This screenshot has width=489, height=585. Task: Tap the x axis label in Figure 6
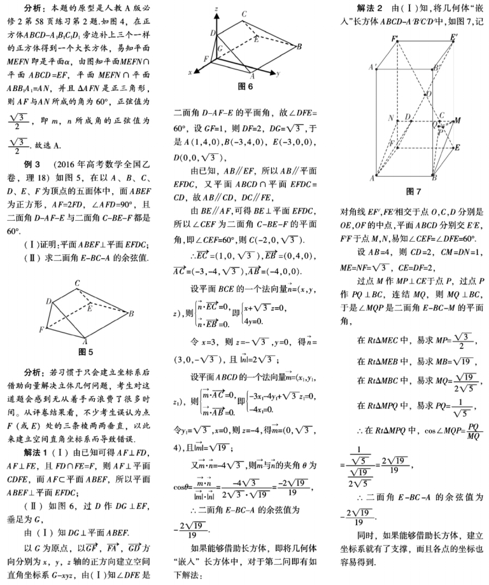(x=190, y=74)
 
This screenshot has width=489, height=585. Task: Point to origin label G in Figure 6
(x=220, y=49)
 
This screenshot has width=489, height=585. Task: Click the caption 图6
(x=245, y=85)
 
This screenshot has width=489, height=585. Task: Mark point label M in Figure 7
(x=457, y=120)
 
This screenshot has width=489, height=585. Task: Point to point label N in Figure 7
(x=390, y=119)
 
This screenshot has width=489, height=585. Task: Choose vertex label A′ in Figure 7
(x=372, y=67)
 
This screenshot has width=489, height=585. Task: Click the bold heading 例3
(x=32, y=164)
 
